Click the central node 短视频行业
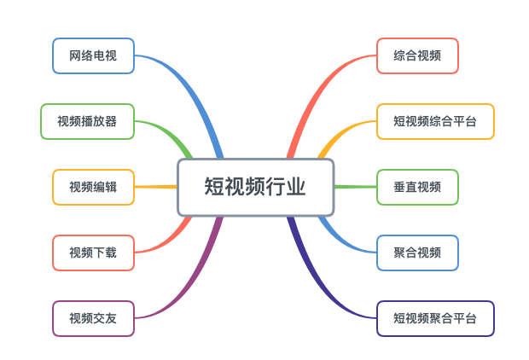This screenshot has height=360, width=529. pyautogui.click(x=255, y=187)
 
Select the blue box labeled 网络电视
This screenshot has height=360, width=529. pyautogui.click(x=93, y=55)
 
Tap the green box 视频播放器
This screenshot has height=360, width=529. pyautogui.click(x=87, y=121)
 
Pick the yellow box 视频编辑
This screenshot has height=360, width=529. pyautogui.click(x=93, y=187)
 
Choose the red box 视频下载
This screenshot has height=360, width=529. pyautogui.click(x=93, y=253)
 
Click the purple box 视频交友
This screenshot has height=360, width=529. pyautogui.click(x=93, y=318)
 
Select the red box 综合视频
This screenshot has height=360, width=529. pyautogui.click(x=417, y=55)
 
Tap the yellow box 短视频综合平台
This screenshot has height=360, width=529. pyautogui.click(x=435, y=121)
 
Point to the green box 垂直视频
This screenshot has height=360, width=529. pyautogui.click(x=417, y=187)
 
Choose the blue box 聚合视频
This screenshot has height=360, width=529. pyautogui.click(x=417, y=253)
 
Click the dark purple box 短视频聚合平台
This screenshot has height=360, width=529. pyautogui.click(x=435, y=318)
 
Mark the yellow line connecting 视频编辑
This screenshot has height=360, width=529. pyautogui.click(x=155, y=187)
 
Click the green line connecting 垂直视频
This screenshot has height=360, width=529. pyautogui.click(x=355, y=187)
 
